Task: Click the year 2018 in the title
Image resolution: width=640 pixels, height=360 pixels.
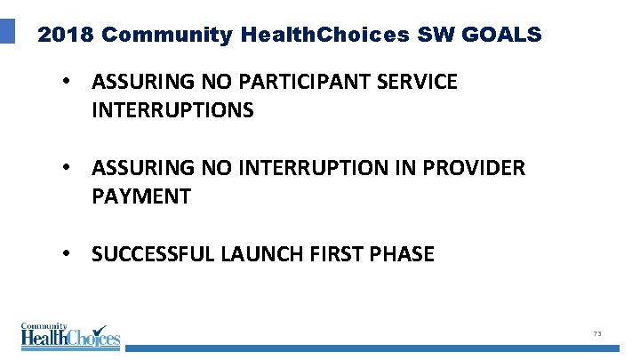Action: (67, 35)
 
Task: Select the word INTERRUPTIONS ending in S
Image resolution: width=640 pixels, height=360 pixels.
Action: (172, 111)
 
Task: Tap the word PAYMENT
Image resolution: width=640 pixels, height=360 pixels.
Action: (140, 196)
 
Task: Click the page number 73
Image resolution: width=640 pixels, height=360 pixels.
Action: (597, 333)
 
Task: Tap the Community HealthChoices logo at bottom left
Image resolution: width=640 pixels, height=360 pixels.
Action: (70, 334)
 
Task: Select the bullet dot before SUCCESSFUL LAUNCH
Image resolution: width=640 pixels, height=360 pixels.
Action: (66, 254)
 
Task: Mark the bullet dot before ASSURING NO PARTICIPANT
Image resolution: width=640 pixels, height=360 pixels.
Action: (66, 83)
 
